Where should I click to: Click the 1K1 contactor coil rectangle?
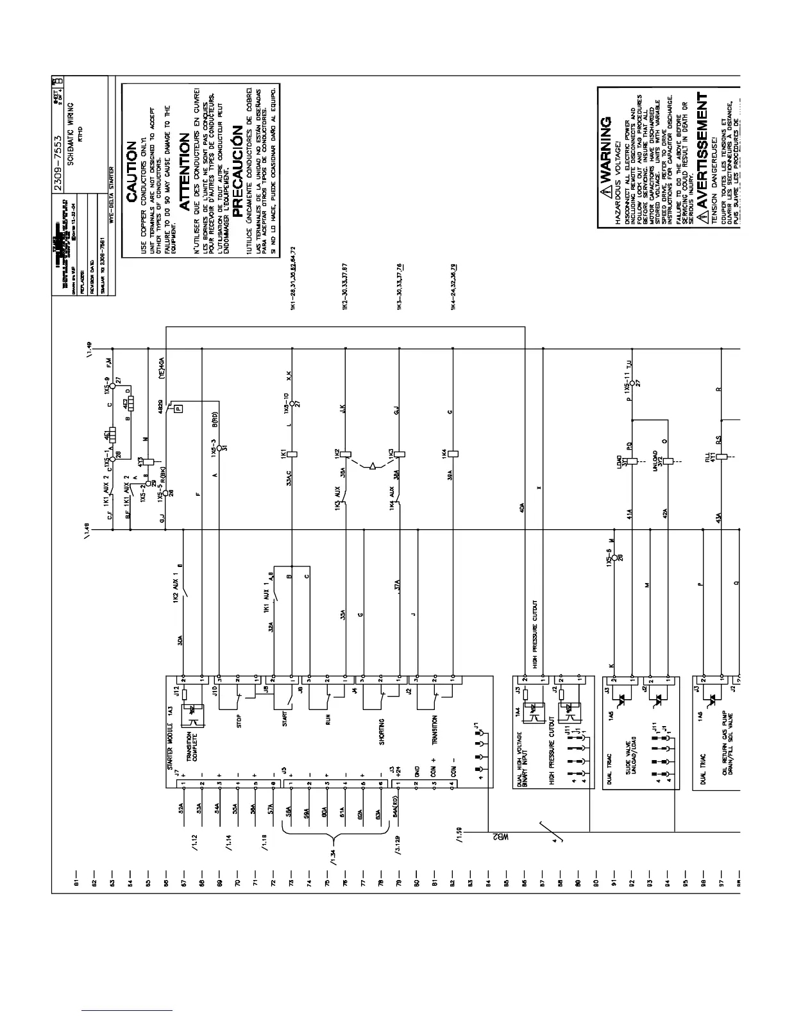click(292, 453)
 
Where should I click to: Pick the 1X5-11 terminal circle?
click(633, 384)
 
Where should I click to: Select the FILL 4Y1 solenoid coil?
click(720, 458)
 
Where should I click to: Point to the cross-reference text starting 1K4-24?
click(453, 288)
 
